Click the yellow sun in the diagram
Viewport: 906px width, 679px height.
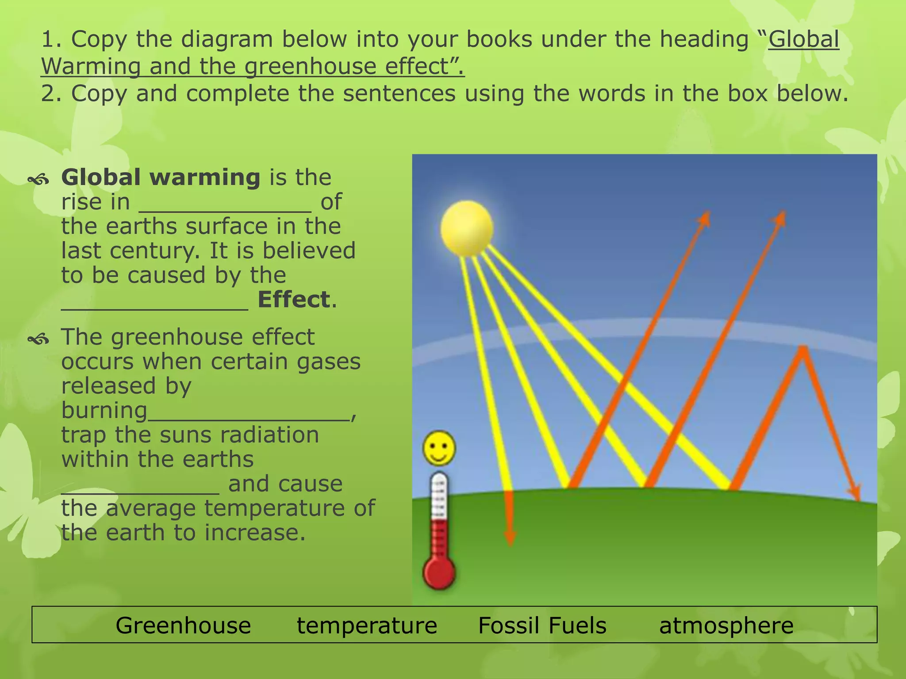(x=467, y=228)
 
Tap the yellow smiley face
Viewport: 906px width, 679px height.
(x=439, y=448)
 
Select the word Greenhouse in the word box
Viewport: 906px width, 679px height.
(x=183, y=626)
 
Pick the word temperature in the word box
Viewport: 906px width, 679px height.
(x=367, y=626)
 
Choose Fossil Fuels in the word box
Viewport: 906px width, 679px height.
(x=542, y=626)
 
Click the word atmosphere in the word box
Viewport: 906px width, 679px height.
(x=726, y=626)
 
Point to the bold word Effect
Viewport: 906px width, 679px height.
(x=294, y=299)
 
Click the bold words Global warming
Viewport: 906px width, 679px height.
(x=161, y=177)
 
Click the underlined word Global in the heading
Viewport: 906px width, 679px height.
(x=803, y=39)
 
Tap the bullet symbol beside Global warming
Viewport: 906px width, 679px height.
(x=38, y=179)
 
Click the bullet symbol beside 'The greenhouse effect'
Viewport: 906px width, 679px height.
(x=38, y=339)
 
